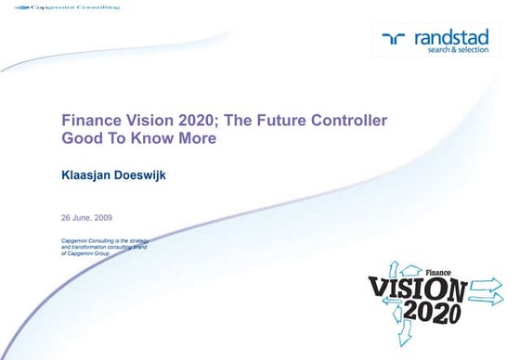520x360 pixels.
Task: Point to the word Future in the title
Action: pyautogui.click(x=274, y=121)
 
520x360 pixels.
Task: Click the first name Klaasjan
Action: pyautogui.click(x=92, y=173)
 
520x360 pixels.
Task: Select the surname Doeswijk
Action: pyautogui.click(x=163, y=173)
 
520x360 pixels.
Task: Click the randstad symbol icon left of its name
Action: pyautogui.click(x=395, y=38)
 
